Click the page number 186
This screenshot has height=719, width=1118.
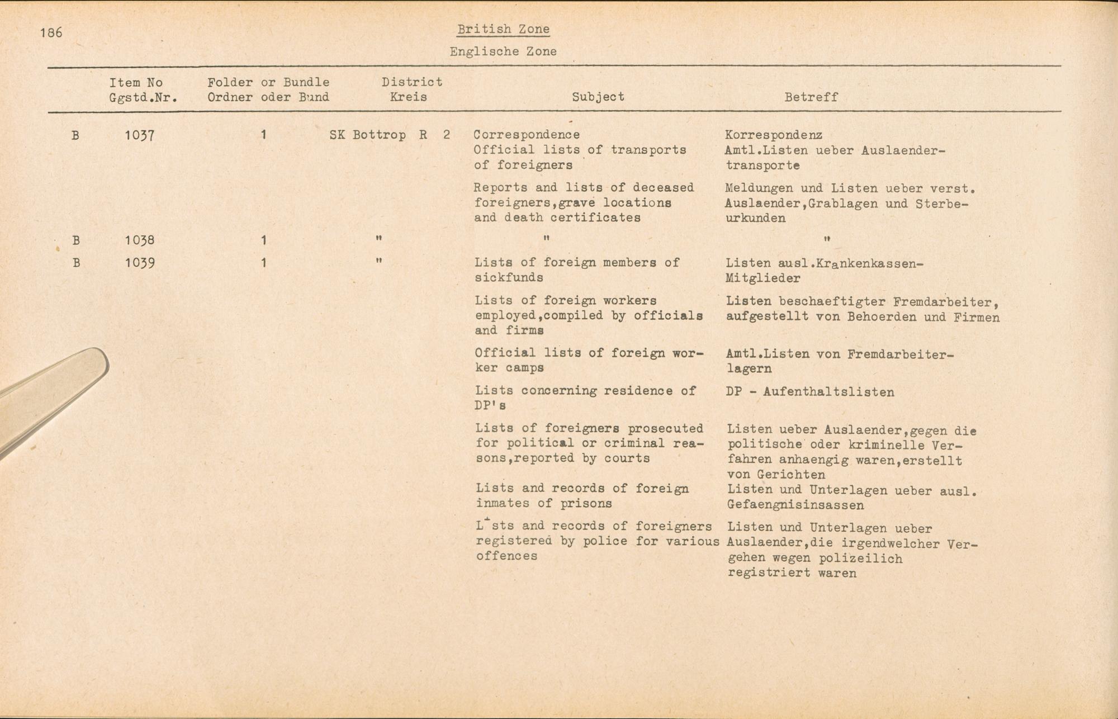(51, 33)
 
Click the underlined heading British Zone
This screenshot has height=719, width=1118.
(503, 29)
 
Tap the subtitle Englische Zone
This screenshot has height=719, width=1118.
(503, 52)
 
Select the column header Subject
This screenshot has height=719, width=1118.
(598, 97)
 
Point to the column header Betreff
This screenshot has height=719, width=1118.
(811, 97)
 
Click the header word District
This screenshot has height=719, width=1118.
(412, 82)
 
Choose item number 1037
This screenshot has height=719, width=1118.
(139, 135)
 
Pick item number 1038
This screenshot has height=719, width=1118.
(139, 240)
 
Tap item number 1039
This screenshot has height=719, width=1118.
(139, 263)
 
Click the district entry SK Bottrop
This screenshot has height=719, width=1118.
(367, 135)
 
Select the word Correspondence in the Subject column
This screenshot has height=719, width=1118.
(527, 135)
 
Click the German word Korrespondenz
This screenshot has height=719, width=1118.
(773, 135)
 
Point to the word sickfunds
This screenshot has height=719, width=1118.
(509, 278)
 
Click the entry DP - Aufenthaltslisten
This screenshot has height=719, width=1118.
(810, 392)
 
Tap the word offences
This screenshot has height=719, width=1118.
(506, 556)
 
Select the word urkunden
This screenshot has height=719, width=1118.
(755, 219)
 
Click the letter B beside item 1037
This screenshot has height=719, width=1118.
(75, 135)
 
